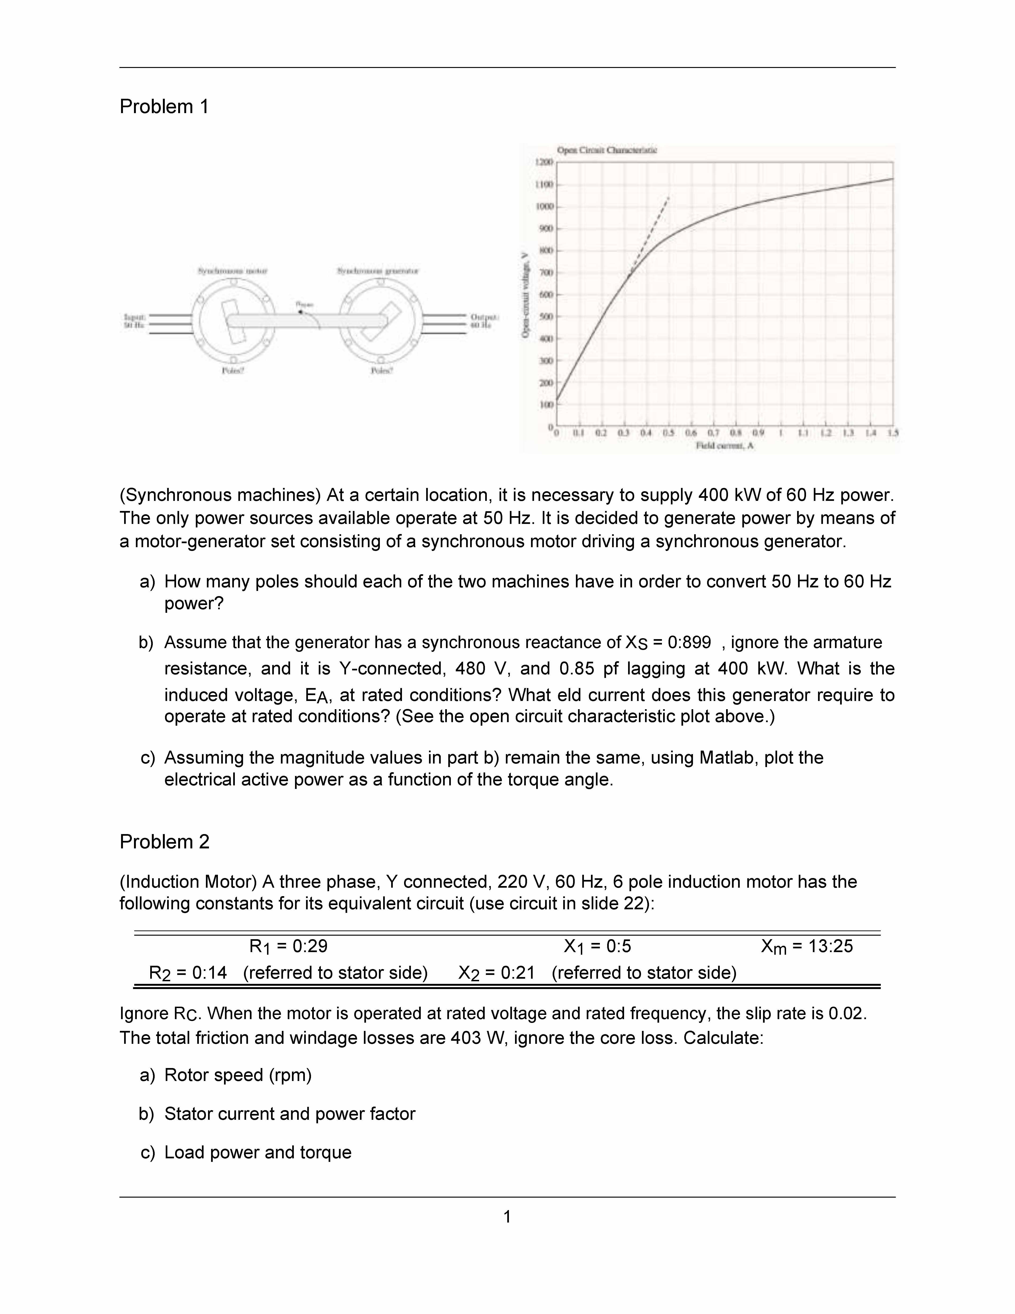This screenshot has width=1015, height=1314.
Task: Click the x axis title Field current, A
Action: click(x=724, y=446)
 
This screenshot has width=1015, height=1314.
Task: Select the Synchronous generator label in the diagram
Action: click(x=378, y=271)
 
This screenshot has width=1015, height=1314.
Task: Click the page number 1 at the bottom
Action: click(x=507, y=1217)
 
